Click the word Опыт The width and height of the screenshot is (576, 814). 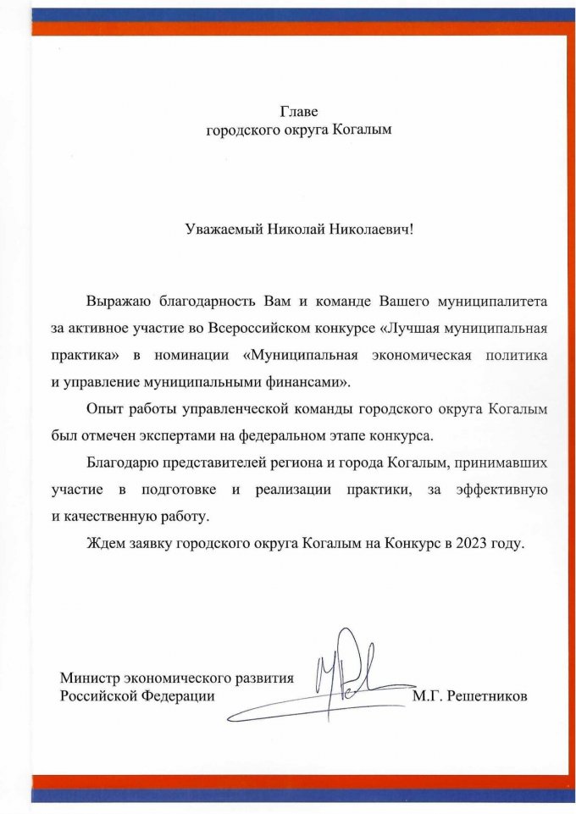(x=101, y=410)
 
